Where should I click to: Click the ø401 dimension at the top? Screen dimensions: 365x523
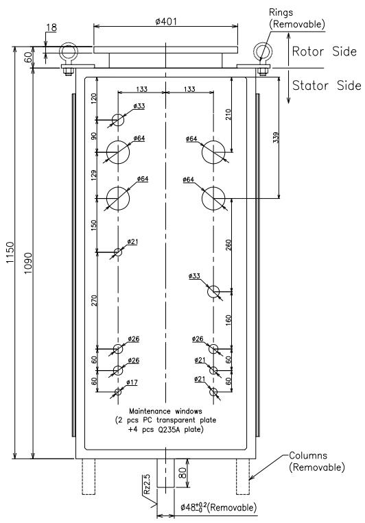click(x=166, y=22)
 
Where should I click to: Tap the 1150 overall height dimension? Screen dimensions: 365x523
click(x=10, y=252)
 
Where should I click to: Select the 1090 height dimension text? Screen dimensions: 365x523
click(x=28, y=263)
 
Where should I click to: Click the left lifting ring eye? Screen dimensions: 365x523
click(x=69, y=51)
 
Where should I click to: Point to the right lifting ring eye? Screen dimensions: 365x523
click(x=263, y=51)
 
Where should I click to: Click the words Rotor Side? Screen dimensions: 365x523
click(x=325, y=51)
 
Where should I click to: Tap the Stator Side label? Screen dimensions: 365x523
click(x=327, y=86)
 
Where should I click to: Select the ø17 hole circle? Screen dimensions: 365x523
click(x=118, y=392)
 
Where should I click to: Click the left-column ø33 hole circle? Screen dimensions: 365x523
click(x=118, y=119)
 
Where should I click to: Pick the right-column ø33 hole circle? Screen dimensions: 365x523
click(x=214, y=292)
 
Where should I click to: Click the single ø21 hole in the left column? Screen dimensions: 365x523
click(x=118, y=252)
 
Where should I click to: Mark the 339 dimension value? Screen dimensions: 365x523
click(x=276, y=137)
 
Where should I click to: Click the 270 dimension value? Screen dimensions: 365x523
click(x=94, y=301)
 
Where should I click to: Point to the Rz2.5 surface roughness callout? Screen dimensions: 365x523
click(x=147, y=485)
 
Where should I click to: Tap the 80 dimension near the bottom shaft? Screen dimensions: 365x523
click(x=182, y=473)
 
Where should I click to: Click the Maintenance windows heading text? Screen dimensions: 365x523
click(x=165, y=411)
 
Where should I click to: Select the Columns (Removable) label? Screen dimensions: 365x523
click(x=316, y=461)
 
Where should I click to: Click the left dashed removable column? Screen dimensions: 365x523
click(x=89, y=476)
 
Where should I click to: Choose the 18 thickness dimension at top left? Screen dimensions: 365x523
click(x=51, y=27)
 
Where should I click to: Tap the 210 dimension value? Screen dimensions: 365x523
click(x=228, y=114)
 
